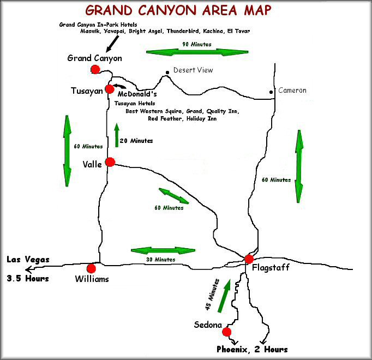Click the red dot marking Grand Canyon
(x=95, y=69)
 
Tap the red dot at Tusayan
(x=110, y=89)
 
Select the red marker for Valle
(x=110, y=161)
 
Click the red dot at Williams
(x=91, y=268)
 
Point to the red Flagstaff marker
(x=249, y=259)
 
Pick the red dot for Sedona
(x=227, y=332)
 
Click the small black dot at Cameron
(x=271, y=92)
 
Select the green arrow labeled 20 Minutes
(x=116, y=135)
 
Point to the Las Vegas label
(x=28, y=260)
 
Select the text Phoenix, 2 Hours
(x=251, y=349)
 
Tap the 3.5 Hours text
(x=28, y=278)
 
